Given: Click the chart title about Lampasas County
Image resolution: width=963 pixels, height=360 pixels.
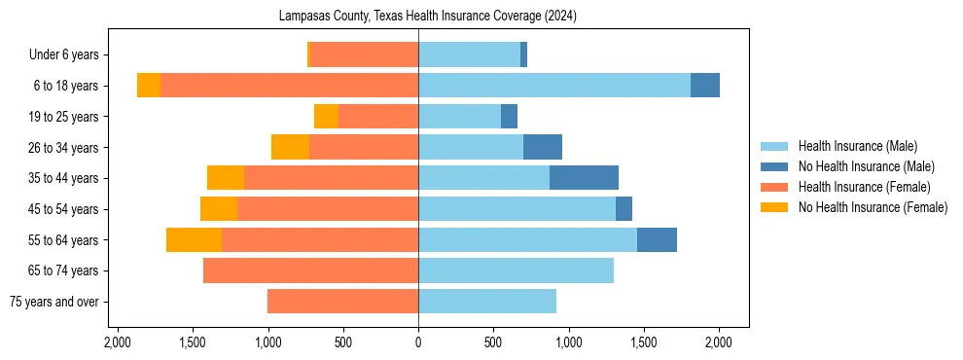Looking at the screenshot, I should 428,16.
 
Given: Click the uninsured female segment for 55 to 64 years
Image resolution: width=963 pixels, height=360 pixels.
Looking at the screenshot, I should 194,239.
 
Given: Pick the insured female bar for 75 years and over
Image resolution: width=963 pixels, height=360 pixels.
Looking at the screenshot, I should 342,302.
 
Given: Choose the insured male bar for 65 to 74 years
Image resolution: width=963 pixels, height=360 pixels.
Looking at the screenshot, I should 516,270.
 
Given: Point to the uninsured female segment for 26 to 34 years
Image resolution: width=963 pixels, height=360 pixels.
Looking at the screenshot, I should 290,147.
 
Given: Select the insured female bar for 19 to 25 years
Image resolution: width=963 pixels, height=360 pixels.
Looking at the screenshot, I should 378,117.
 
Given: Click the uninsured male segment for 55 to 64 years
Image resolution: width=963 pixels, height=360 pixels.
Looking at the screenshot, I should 657,239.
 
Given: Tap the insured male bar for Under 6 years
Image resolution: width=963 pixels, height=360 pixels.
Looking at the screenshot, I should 469,54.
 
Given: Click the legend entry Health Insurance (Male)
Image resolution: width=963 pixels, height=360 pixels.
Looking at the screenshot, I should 856,146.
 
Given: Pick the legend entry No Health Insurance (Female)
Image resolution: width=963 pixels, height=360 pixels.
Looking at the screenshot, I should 872,207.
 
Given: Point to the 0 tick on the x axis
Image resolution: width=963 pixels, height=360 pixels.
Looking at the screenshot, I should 418,342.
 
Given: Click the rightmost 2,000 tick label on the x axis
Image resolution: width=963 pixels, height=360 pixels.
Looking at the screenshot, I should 719,342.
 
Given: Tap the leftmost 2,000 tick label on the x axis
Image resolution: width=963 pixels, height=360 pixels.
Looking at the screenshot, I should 118,342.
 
